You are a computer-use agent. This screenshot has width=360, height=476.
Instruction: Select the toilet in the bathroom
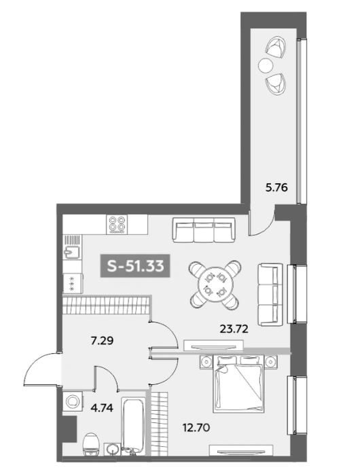91,447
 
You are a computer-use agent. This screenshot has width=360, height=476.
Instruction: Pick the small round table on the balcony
266,65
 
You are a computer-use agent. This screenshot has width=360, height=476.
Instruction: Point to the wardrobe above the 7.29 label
105,305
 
